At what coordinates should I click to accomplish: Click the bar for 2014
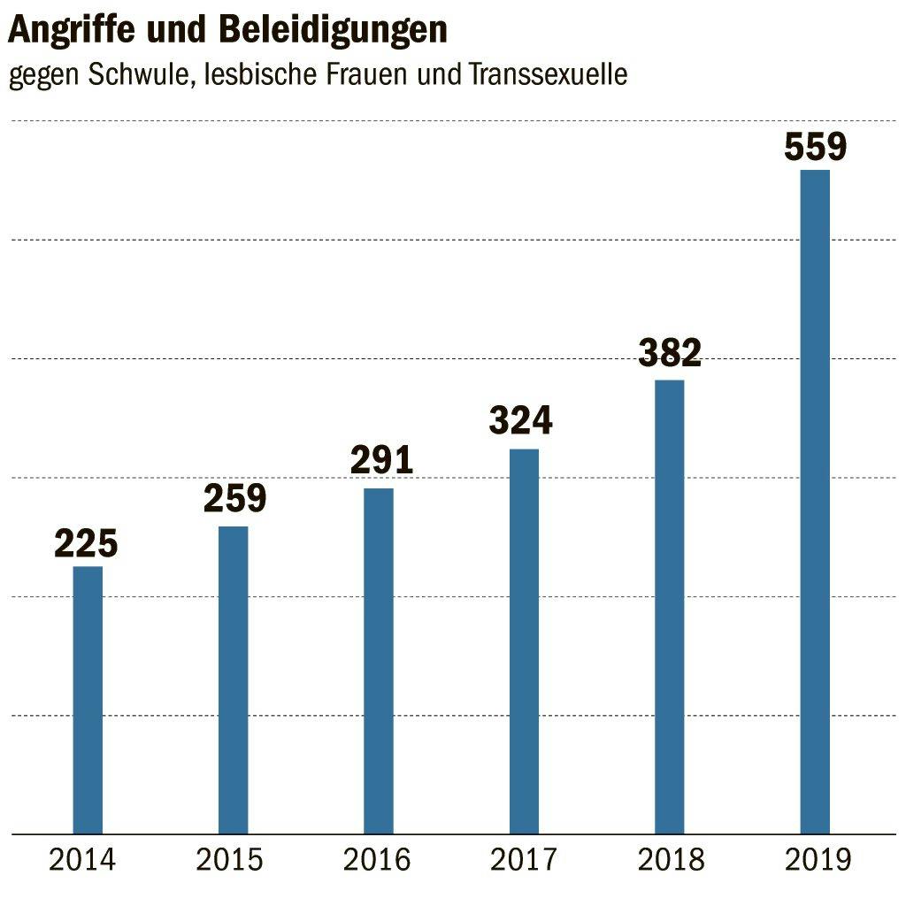pyautogui.click(x=88, y=699)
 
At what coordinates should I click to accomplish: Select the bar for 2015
pyautogui.click(x=233, y=679)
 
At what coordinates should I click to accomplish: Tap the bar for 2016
pyautogui.click(x=379, y=660)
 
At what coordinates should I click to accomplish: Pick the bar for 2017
pyautogui.click(x=524, y=641)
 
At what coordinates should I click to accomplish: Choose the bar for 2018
pyautogui.click(x=669, y=606)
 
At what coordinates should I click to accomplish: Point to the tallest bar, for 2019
pyautogui.click(x=815, y=501)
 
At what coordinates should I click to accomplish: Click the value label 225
pyautogui.click(x=86, y=544)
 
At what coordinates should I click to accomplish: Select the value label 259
pyautogui.click(x=234, y=498)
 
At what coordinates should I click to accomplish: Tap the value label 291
pyautogui.click(x=381, y=460)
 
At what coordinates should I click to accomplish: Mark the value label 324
pyautogui.click(x=521, y=419)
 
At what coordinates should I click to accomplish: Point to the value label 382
pyautogui.click(x=670, y=352)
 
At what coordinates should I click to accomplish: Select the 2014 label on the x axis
pyautogui.click(x=82, y=859)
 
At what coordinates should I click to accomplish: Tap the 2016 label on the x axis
pyautogui.click(x=378, y=859)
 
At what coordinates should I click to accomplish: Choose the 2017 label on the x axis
pyautogui.click(x=524, y=859)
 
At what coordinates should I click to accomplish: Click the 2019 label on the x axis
pyautogui.click(x=817, y=859)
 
